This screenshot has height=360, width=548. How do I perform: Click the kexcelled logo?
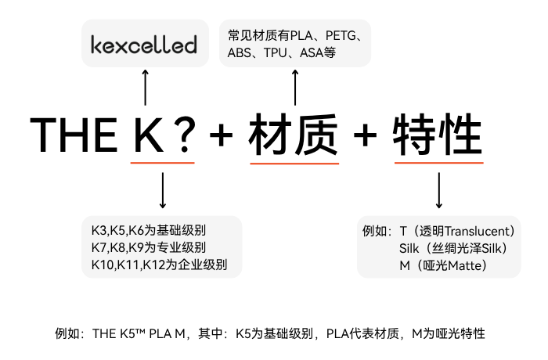point(143,44)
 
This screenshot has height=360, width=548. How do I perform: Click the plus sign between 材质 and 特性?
point(365,136)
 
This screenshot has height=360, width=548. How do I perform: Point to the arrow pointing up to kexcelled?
point(144,86)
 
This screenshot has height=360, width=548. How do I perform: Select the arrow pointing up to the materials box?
point(294,86)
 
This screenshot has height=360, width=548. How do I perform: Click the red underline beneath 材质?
point(294,163)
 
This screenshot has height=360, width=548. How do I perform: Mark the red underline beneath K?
point(163,163)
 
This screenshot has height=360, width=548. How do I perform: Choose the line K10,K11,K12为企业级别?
point(159,265)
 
